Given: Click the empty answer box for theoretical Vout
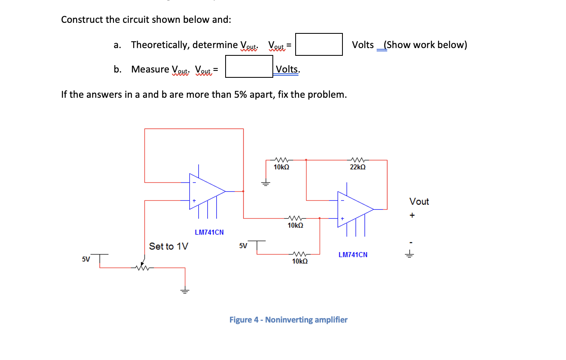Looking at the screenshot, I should point(319,44).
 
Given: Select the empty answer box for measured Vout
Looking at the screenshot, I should point(249,66).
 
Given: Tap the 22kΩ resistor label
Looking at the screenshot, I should point(358,167).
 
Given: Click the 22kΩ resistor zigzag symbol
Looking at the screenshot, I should point(358,160).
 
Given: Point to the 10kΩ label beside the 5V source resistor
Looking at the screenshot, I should point(300,261).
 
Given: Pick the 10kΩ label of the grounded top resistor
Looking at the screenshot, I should point(281,167).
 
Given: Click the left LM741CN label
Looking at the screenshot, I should point(209,233).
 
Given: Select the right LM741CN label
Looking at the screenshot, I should point(353,255).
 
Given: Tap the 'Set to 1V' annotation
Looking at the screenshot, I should point(169,246).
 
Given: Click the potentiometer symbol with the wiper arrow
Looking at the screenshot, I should point(142,267).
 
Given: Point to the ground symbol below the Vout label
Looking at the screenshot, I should point(409,255).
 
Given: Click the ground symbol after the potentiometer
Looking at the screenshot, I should point(185,291).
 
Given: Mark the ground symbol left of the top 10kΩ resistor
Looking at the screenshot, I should point(265,183).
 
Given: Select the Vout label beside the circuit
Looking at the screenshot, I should point(419,202).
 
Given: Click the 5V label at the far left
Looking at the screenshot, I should point(86,259).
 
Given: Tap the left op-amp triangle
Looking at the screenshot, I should point(206,191).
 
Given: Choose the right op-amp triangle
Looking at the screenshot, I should point(354,209).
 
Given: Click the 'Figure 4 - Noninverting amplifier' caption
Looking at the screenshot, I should point(288,320).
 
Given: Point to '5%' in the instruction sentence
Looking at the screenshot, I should point(240,94).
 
